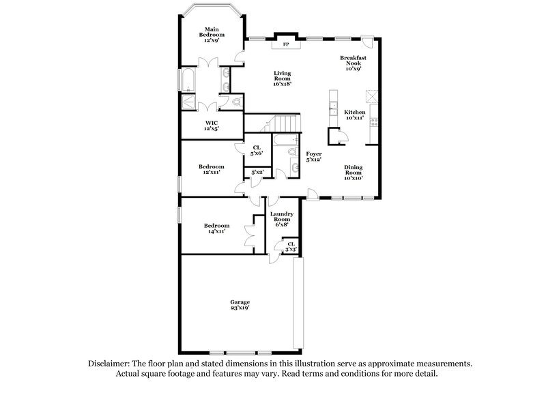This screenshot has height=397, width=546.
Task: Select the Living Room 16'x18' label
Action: [x=283, y=78]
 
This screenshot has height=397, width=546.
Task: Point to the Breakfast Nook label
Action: [x=353, y=63]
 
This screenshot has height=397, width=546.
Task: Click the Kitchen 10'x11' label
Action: [x=354, y=115]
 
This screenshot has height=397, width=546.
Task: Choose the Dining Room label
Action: [x=353, y=173]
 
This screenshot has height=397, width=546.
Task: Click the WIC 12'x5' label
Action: [x=212, y=126]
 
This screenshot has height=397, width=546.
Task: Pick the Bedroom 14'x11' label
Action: [x=216, y=229]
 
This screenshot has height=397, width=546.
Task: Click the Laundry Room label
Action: [x=281, y=219]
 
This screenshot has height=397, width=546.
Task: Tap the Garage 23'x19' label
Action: [x=240, y=305]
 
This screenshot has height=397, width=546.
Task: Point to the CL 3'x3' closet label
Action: [x=291, y=246]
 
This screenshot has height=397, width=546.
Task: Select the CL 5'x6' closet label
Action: [x=257, y=151]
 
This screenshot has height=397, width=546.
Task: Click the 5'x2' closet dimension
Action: [x=257, y=173]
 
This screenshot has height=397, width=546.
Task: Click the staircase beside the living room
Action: [x=282, y=123]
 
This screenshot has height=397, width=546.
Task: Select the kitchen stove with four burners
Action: [x=373, y=123]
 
